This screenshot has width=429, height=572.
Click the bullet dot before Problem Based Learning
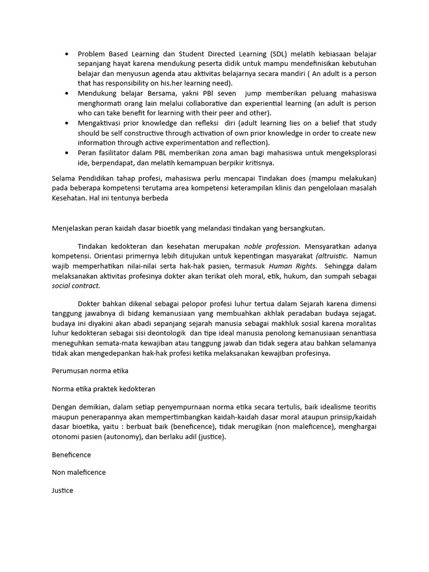pyautogui.click(x=67, y=54)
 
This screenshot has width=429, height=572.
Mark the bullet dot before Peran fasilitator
pyautogui.click(x=67, y=152)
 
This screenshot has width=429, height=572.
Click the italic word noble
pyautogui.click(x=254, y=246)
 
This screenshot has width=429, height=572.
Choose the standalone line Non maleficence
pyautogui.click(x=79, y=472)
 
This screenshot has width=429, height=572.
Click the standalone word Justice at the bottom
pyautogui.click(x=63, y=490)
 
